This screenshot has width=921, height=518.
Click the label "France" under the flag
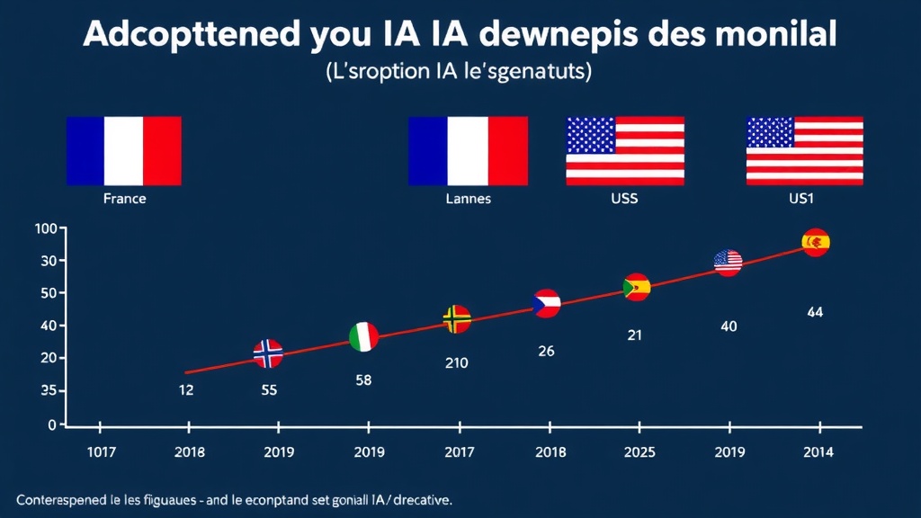coord(124,199)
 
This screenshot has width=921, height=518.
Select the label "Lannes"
coord(468,199)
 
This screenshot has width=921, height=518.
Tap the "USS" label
coord(624,199)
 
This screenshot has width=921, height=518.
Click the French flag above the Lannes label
coord(468,150)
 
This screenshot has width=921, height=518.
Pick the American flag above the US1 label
coord(804,150)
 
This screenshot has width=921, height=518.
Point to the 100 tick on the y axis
coord(45,228)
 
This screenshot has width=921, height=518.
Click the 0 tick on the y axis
coord(52,424)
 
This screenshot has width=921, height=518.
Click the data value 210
coord(455,363)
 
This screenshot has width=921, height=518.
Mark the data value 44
coord(815,313)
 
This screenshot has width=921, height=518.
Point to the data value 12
coord(186,390)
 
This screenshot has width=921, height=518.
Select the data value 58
coord(363,380)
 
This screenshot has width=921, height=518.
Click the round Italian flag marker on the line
coord(363,336)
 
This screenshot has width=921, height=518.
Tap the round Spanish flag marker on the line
coord(816,242)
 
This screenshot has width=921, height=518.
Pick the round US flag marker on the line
coord(728,262)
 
